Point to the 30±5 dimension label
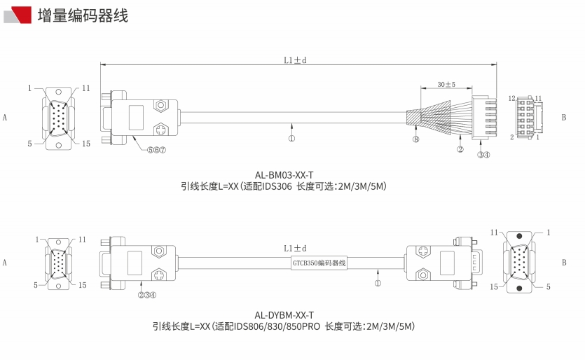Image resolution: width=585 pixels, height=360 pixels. coord(446,85)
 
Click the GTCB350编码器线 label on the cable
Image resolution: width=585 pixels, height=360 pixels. coord(319,263)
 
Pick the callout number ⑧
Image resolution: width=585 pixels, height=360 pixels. coord(415,139)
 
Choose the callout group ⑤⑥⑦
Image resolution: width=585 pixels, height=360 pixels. coord(156,150)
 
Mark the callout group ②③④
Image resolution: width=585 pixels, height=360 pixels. coord(146,295)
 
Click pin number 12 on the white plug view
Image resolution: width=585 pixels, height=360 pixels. coord(512,99)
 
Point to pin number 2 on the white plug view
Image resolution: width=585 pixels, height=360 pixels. coord(512,137)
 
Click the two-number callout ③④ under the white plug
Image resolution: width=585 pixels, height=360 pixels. coord(483,155)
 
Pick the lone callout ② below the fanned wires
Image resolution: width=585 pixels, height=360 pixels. coord(460,149)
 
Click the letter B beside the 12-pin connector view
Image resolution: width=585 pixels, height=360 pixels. coord(563,118)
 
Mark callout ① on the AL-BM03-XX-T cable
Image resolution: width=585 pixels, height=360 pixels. coord(291,138)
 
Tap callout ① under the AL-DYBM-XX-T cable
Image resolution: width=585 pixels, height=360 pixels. coord(378,284)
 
